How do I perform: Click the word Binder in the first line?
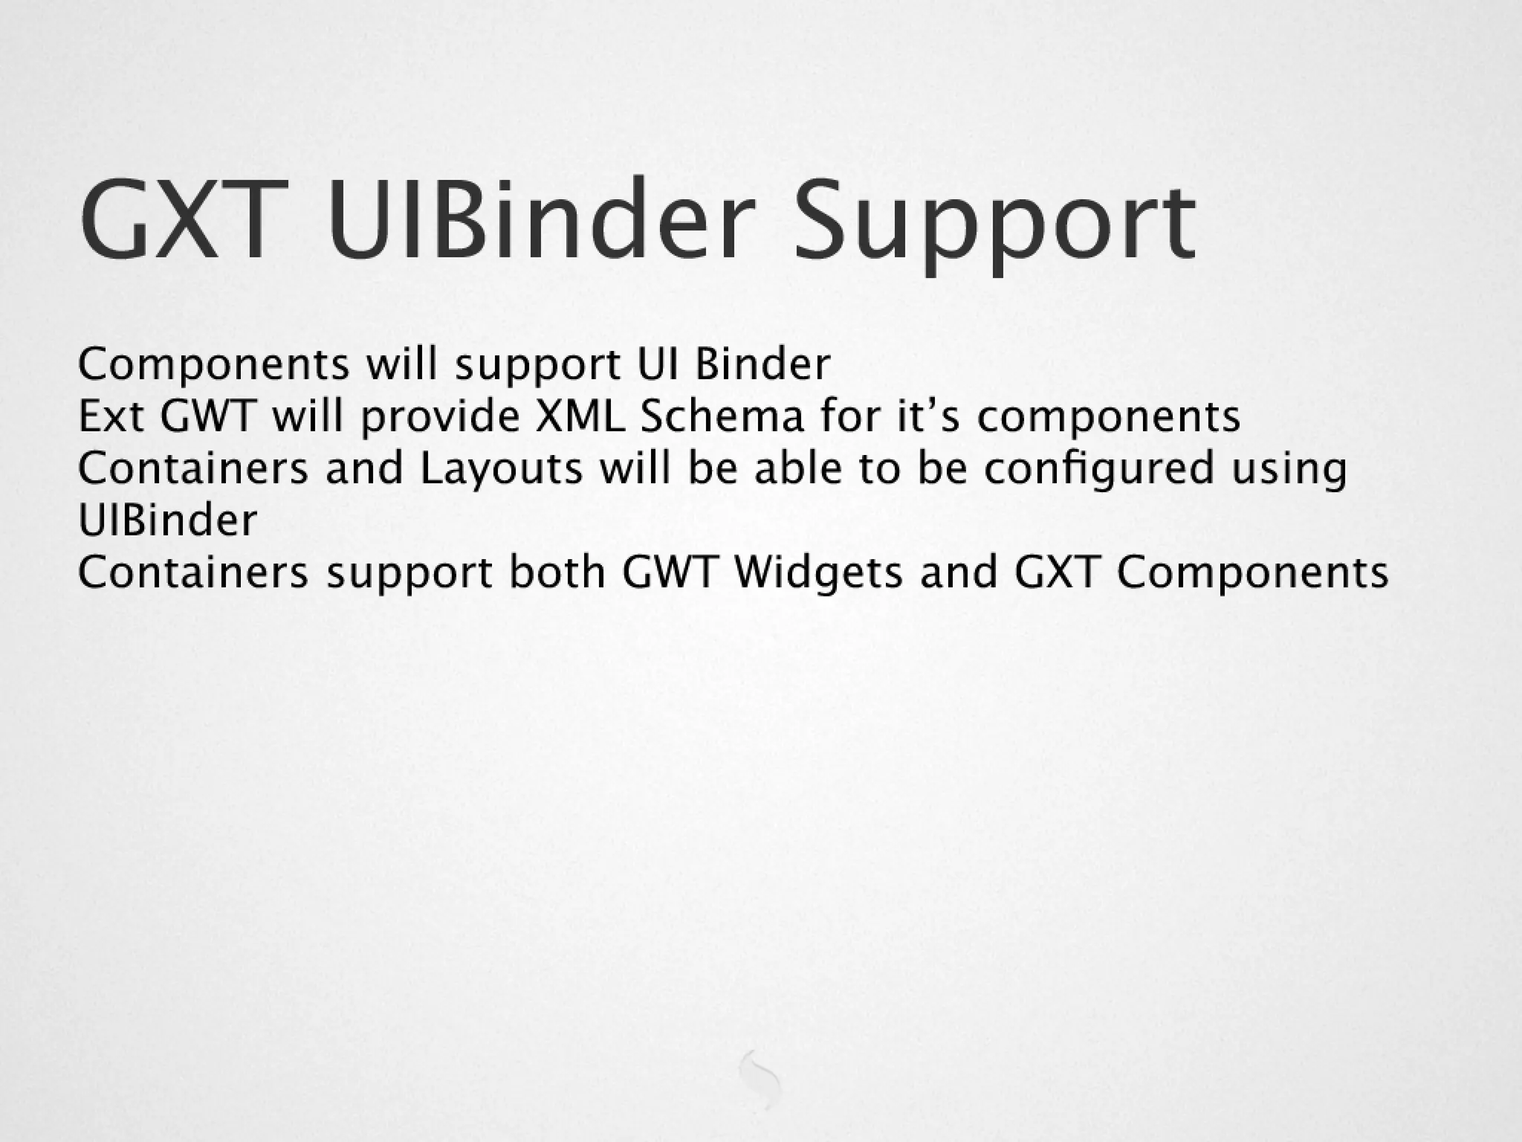(x=762, y=364)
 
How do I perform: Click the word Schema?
(x=722, y=416)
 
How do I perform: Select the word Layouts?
(x=502, y=469)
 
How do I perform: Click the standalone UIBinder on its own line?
(x=167, y=520)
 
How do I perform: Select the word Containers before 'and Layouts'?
(x=192, y=468)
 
